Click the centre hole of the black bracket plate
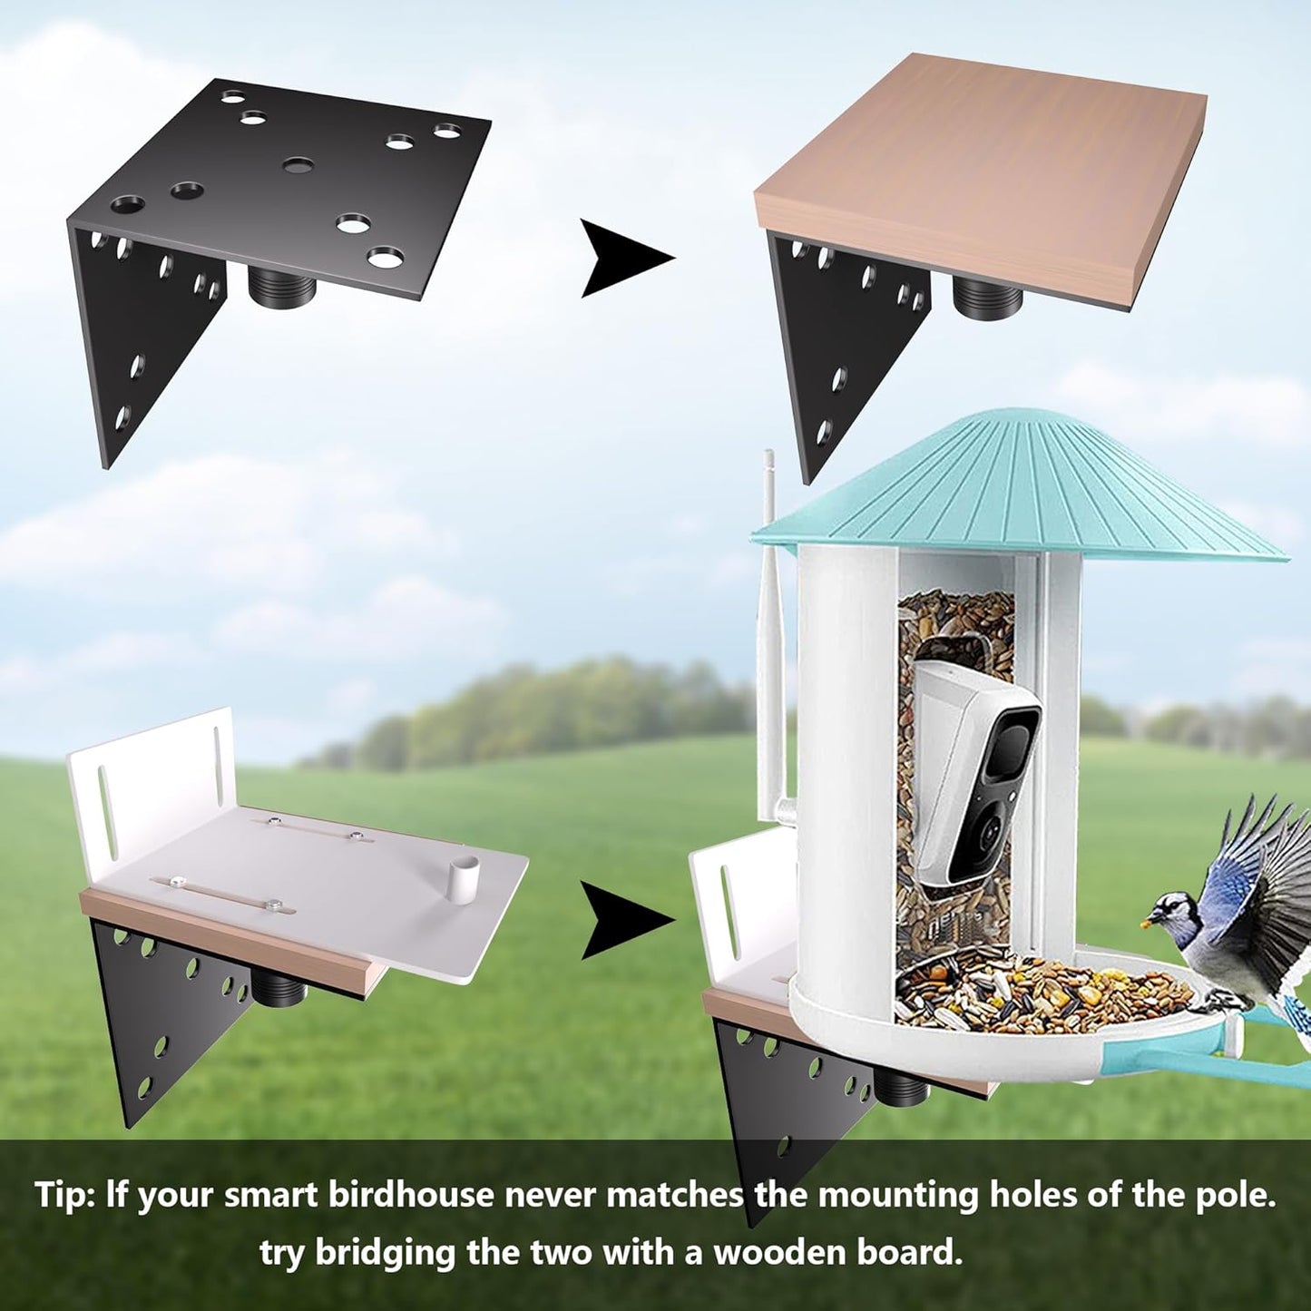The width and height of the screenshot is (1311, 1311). [x=298, y=165]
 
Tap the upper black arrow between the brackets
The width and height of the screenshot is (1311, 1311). [x=624, y=258]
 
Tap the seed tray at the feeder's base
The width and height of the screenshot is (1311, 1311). [x=1043, y=998]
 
